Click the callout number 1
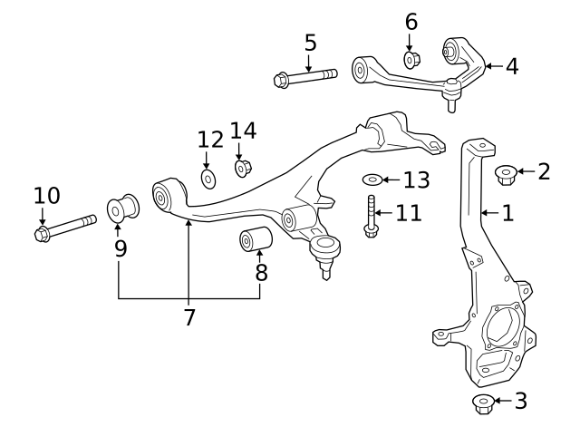507,213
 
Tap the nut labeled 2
506,173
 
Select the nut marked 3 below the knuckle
482,402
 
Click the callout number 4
512,66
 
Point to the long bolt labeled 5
304,77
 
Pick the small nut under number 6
411,60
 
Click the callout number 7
188,316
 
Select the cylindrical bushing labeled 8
256,241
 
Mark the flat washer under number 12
208,178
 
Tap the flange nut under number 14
243,168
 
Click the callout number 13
416,180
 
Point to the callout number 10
46,195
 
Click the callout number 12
210,139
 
